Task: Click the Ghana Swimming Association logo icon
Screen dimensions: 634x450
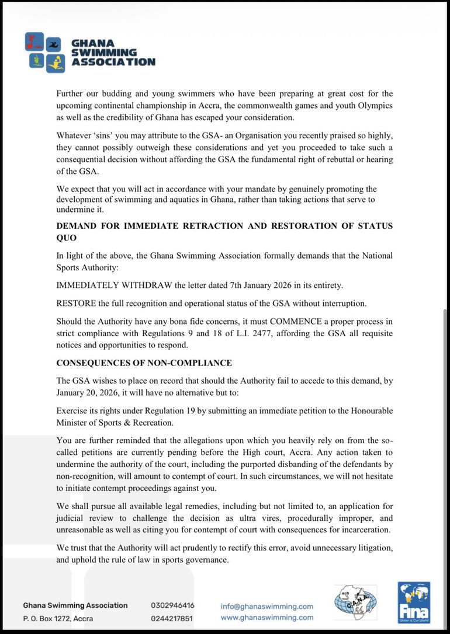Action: (46, 52)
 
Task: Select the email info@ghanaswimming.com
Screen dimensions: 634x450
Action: (267, 606)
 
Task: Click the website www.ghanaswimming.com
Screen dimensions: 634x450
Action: (267, 617)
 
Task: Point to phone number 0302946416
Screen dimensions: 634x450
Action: (172, 605)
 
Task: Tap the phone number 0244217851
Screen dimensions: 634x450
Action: (172, 618)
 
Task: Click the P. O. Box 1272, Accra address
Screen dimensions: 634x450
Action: (58, 618)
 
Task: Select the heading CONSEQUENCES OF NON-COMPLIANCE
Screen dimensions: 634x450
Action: (144, 363)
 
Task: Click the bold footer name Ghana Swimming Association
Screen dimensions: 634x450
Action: (75, 605)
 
